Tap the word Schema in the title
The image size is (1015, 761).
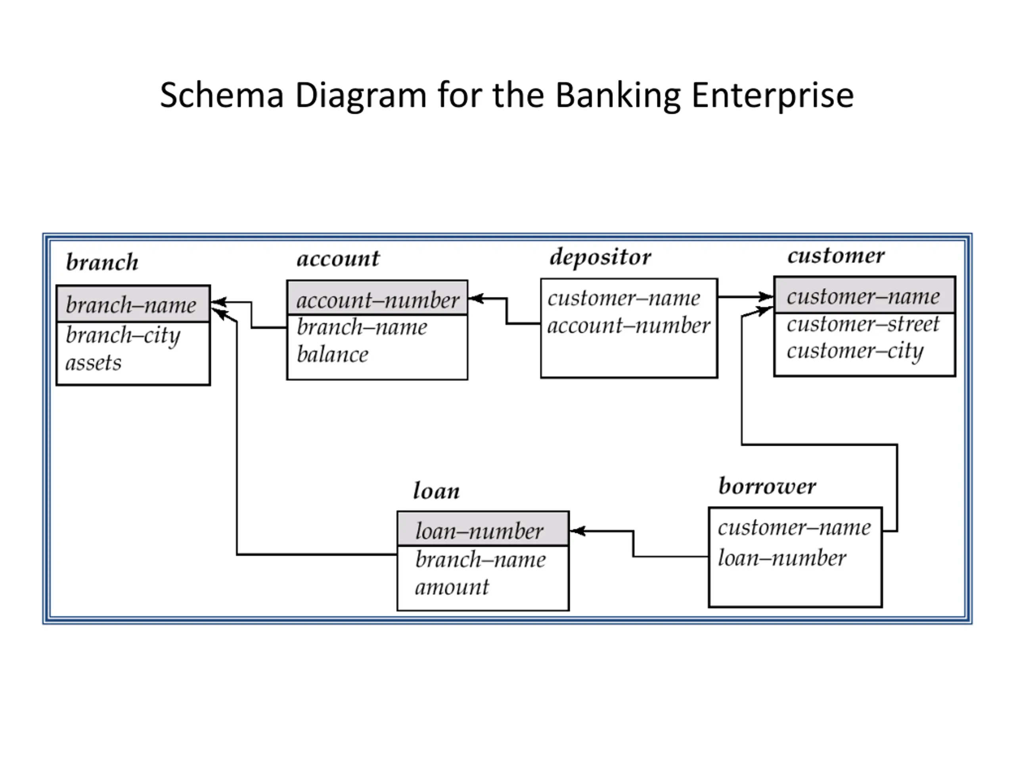click(221, 95)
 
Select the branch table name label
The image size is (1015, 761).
click(102, 262)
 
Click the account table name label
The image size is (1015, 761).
click(338, 258)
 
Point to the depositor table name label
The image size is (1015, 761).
click(600, 257)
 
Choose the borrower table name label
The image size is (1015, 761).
click(767, 486)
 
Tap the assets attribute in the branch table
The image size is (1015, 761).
click(93, 363)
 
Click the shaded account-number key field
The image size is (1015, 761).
click(377, 300)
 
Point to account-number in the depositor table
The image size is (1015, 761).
click(629, 326)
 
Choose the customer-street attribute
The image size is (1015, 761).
click(863, 324)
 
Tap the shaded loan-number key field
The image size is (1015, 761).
click(479, 531)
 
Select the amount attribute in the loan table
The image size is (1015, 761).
click(452, 587)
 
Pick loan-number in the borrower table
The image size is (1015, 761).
click(782, 558)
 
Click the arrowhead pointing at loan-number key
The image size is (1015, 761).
click(577, 531)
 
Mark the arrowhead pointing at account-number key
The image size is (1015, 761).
click(476, 298)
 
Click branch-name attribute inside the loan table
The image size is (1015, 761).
click(481, 560)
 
